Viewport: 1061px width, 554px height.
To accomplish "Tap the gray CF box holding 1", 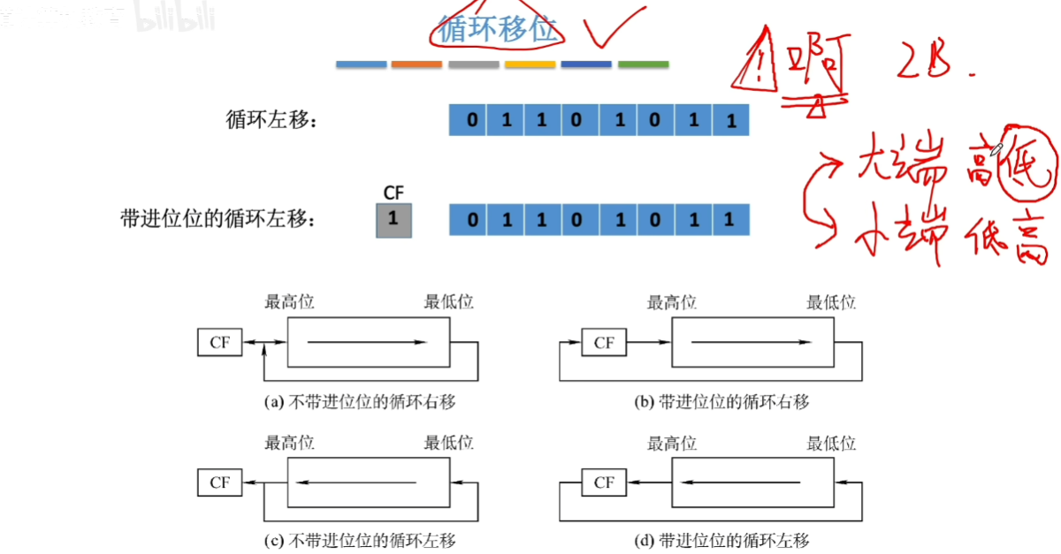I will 393,220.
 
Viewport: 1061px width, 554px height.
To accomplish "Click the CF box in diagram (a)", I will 219,343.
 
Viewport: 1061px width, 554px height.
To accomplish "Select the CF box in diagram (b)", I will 604,343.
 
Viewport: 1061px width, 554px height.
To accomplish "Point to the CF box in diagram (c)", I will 219,482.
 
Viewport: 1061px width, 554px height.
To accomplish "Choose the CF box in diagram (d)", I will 604,482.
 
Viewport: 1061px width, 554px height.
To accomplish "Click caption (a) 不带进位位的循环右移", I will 361,402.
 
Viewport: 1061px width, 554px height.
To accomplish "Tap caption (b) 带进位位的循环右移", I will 722,402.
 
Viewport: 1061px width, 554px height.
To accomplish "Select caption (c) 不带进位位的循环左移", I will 361,541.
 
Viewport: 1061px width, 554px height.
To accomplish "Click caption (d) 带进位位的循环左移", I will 722,541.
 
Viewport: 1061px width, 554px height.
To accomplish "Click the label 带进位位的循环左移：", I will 218,220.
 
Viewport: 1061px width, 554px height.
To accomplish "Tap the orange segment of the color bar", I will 416,65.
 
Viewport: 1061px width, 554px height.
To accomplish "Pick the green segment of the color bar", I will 643,65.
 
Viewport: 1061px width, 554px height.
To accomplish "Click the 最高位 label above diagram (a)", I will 290,303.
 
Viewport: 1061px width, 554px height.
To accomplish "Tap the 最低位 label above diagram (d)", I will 831,443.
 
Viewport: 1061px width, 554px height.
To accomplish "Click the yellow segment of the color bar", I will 530,65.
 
